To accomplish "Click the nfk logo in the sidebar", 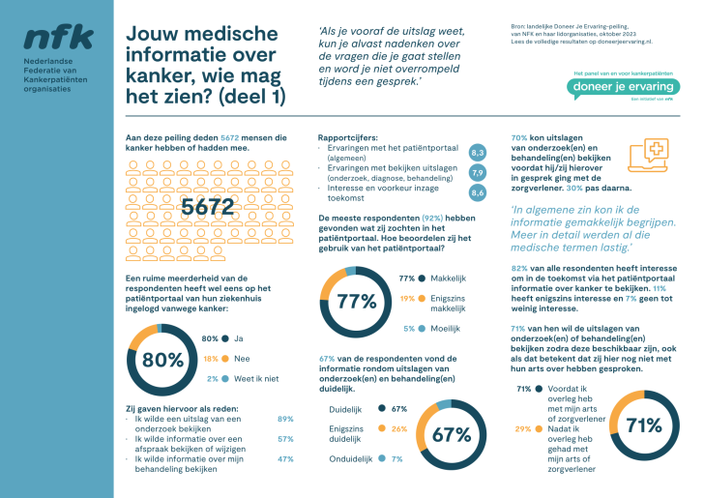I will click(x=58, y=38).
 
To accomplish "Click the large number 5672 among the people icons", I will click(x=207, y=207).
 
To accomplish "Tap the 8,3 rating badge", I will click(x=477, y=153).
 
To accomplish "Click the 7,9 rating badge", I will click(x=477, y=173).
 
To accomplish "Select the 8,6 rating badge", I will click(x=477, y=193).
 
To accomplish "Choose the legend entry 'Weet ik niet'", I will click(x=257, y=379).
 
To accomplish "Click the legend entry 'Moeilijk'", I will click(x=445, y=328).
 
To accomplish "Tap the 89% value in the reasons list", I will click(x=285, y=419).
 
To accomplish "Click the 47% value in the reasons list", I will click(x=285, y=458).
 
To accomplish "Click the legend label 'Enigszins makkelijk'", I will click(x=446, y=303).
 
